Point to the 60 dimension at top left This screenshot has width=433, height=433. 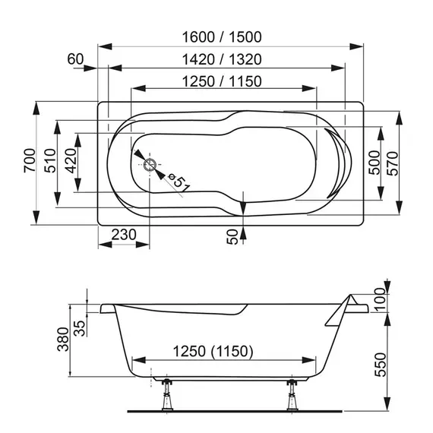pos(74,59)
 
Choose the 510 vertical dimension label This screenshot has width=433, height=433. pos(49,162)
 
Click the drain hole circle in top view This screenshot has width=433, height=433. pos(149,163)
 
